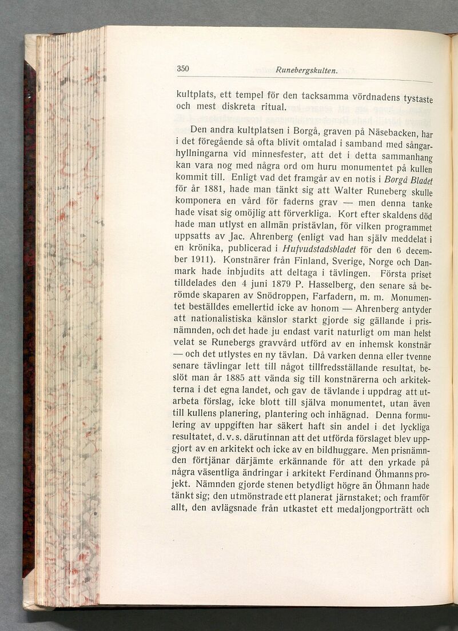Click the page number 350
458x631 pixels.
(x=182, y=69)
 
